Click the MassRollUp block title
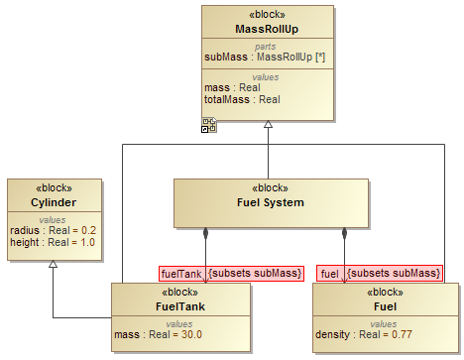(x=267, y=30)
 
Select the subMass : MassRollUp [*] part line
(x=267, y=58)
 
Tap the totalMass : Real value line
(x=242, y=99)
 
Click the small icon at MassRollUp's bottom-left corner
(x=209, y=124)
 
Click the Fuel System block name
(x=270, y=202)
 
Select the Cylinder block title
(x=55, y=202)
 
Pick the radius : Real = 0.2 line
(x=55, y=230)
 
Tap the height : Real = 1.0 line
(x=55, y=242)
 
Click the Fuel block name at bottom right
(x=386, y=305)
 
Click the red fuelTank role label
(x=181, y=273)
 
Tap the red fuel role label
(x=330, y=273)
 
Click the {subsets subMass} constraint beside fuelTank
(x=255, y=273)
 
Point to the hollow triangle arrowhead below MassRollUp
(x=268, y=126)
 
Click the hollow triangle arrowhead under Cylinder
(x=54, y=265)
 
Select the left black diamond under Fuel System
(x=206, y=235)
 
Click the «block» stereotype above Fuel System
(x=270, y=188)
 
